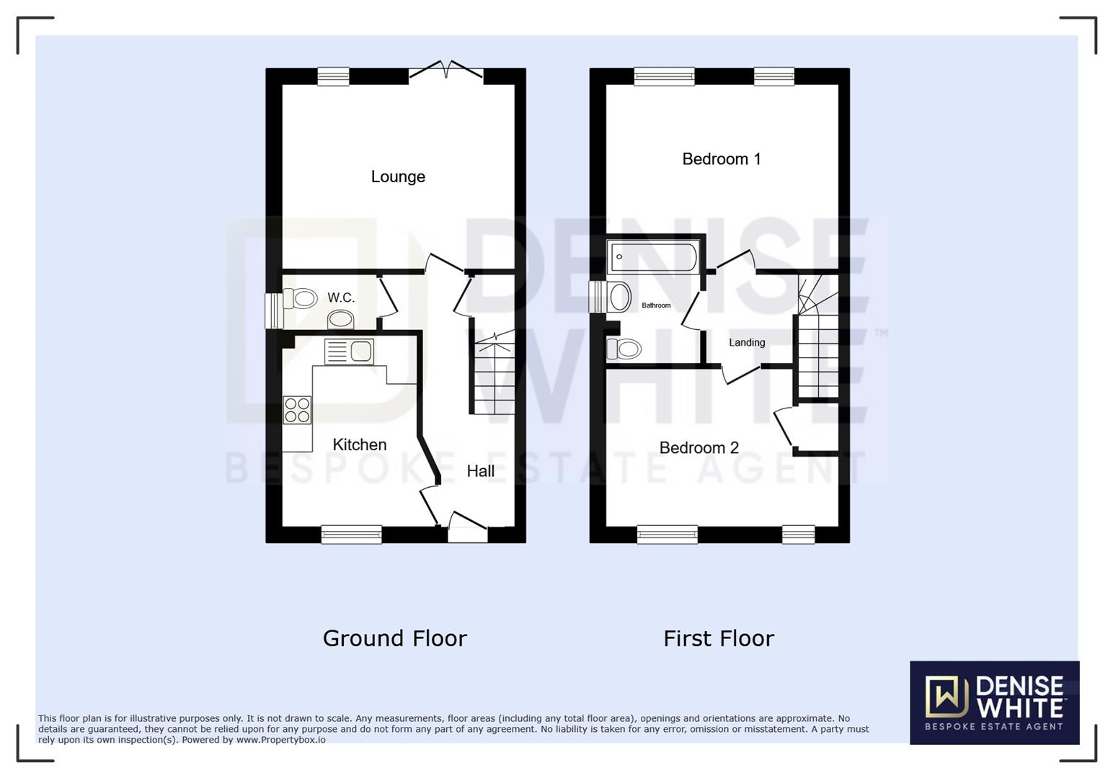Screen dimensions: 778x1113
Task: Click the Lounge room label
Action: (398, 176)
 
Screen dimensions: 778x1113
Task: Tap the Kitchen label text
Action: (359, 444)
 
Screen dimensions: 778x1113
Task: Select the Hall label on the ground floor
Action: (480, 470)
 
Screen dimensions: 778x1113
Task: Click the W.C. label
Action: (341, 298)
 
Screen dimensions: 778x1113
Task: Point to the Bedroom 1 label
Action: (721, 159)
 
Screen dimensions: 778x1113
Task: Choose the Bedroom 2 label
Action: (699, 447)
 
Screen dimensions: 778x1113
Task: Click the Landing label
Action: (746, 342)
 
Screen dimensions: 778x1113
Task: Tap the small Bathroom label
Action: (656, 305)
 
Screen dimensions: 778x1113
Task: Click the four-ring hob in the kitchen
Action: (297, 410)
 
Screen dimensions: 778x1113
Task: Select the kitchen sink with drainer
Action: (349, 352)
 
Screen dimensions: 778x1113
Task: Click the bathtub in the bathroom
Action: (652, 257)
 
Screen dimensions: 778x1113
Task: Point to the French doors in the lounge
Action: (446, 72)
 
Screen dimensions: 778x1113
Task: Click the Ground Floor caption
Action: (394, 638)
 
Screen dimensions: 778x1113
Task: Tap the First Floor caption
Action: (718, 638)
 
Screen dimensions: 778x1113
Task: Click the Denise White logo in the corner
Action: (993, 702)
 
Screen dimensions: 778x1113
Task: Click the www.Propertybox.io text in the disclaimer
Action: (280, 740)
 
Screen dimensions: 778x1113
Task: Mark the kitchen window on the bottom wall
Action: (351, 534)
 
